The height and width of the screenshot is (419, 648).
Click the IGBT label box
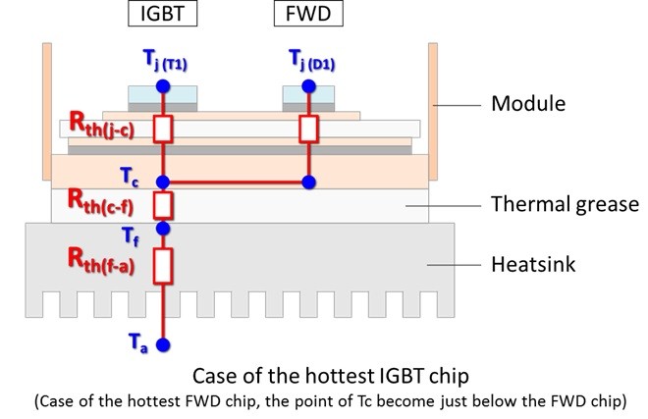(x=162, y=14)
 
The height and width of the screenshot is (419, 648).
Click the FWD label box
(x=308, y=14)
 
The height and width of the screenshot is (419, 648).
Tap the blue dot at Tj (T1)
(x=163, y=86)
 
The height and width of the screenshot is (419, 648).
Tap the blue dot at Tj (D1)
(x=308, y=86)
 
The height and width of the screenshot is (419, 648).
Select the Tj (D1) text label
(x=312, y=60)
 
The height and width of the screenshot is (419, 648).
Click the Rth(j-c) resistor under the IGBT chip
(x=163, y=130)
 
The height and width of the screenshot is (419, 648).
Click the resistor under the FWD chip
(x=308, y=130)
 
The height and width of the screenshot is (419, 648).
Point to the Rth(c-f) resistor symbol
(x=163, y=205)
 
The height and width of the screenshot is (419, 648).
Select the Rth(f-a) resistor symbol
(x=163, y=266)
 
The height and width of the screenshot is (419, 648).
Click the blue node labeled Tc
(x=163, y=182)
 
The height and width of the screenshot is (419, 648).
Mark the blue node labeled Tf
(x=163, y=228)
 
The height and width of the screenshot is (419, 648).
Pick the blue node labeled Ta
(x=163, y=344)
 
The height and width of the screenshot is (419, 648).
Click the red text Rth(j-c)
(x=102, y=126)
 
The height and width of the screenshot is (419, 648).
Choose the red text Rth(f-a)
(x=101, y=261)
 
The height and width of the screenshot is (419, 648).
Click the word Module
(x=528, y=103)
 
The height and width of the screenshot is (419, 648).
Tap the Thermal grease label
(x=565, y=204)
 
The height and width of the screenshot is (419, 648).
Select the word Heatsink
(x=533, y=265)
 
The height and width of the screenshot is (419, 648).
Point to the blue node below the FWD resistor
(x=308, y=182)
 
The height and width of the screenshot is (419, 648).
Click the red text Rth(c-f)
(x=101, y=201)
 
